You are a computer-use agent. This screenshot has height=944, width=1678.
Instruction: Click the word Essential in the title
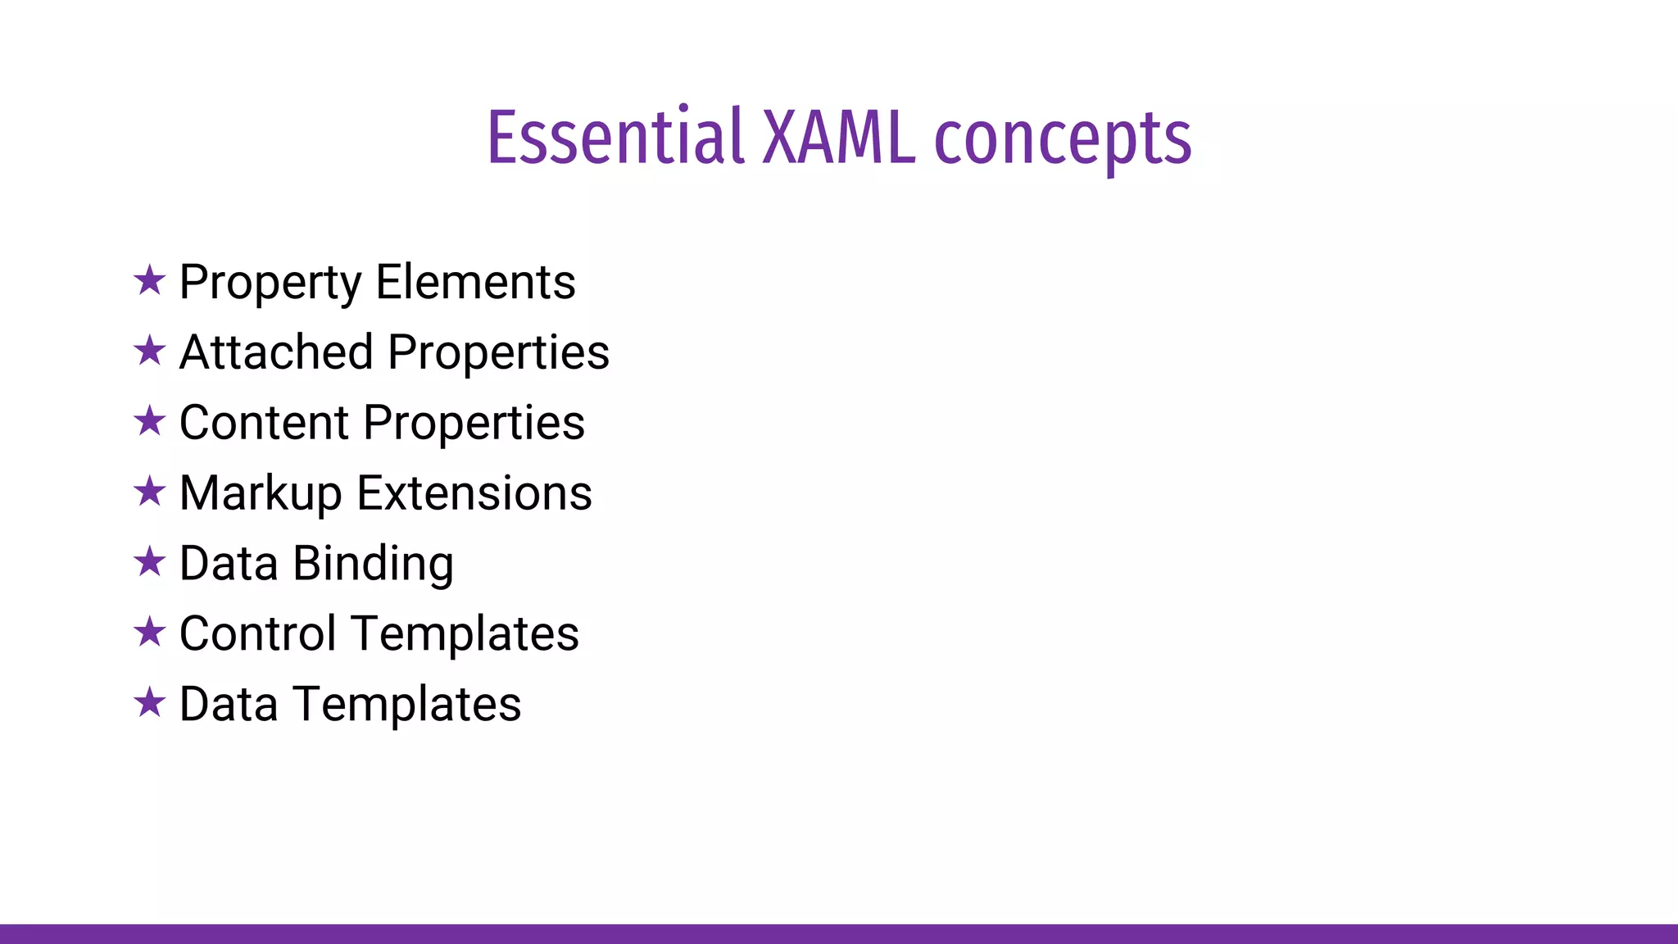pyautogui.click(x=615, y=138)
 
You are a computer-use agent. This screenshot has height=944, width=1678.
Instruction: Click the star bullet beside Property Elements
pyautogui.click(x=150, y=280)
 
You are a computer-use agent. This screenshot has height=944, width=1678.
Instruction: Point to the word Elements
pyautogui.click(x=475, y=282)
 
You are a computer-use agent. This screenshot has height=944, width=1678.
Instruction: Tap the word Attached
pyautogui.click(x=275, y=352)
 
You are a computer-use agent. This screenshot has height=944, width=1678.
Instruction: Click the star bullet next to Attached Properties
pyautogui.click(x=150, y=351)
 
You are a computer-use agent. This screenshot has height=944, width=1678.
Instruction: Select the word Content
pyautogui.click(x=264, y=423)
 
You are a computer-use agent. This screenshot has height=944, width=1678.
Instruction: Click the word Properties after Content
pyautogui.click(x=474, y=424)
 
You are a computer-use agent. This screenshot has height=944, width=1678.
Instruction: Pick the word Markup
pyautogui.click(x=260, y=494)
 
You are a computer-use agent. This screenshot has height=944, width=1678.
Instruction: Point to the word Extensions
pyautogui.click(x=474, y=493)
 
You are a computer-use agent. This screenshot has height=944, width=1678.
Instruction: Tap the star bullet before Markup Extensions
pyautogui.click(x=150, y=492)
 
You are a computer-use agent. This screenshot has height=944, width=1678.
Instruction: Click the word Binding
pyautogui.click(x=373, y=565)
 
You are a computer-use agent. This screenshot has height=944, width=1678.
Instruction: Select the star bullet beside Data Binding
pyautogui.click(x=150, y=562)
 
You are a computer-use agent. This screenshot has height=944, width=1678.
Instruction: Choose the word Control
pyautogui.click(x=257, y=633)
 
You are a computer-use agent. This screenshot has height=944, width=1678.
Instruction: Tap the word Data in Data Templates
pyautogui.click(x=228, y=704)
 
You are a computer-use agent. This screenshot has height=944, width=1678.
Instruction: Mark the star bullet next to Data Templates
pyautogui.click(x=150, y=703)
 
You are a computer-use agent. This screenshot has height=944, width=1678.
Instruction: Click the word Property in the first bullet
pyautogui.click(x=270, y=284)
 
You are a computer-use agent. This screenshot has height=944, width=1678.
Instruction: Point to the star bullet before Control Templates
pyautogui.click(x=150, y=633)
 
